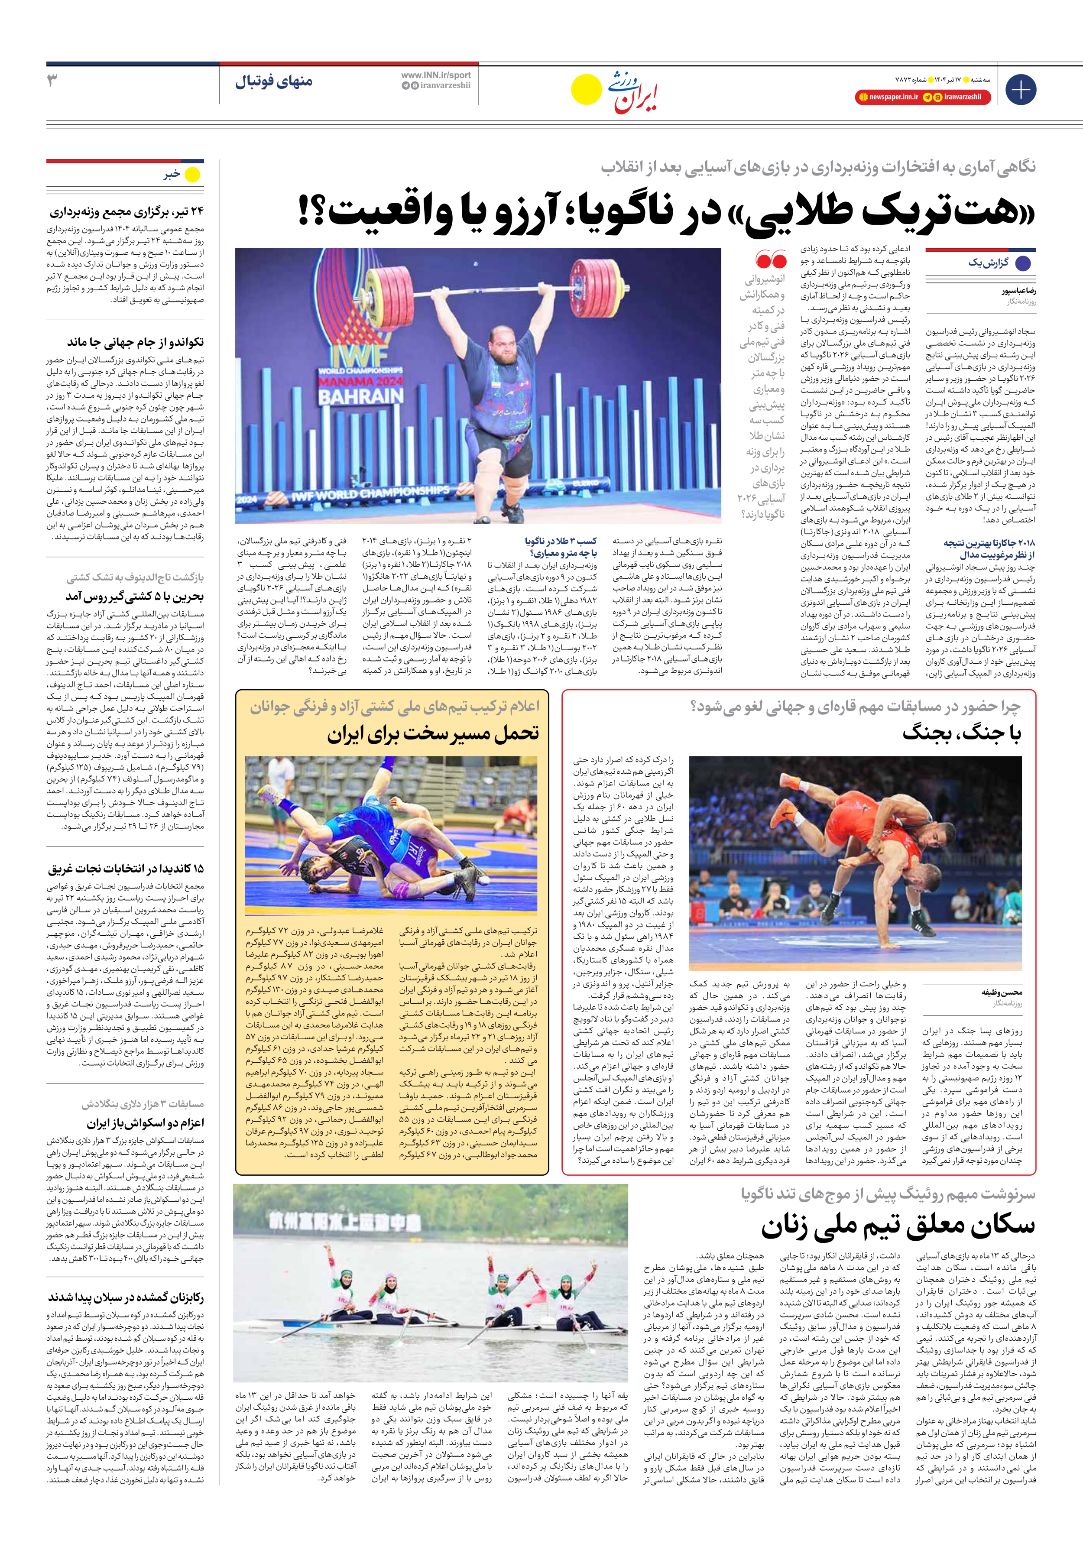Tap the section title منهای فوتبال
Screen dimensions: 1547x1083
274,81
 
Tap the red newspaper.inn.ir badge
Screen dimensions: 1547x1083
888,97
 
